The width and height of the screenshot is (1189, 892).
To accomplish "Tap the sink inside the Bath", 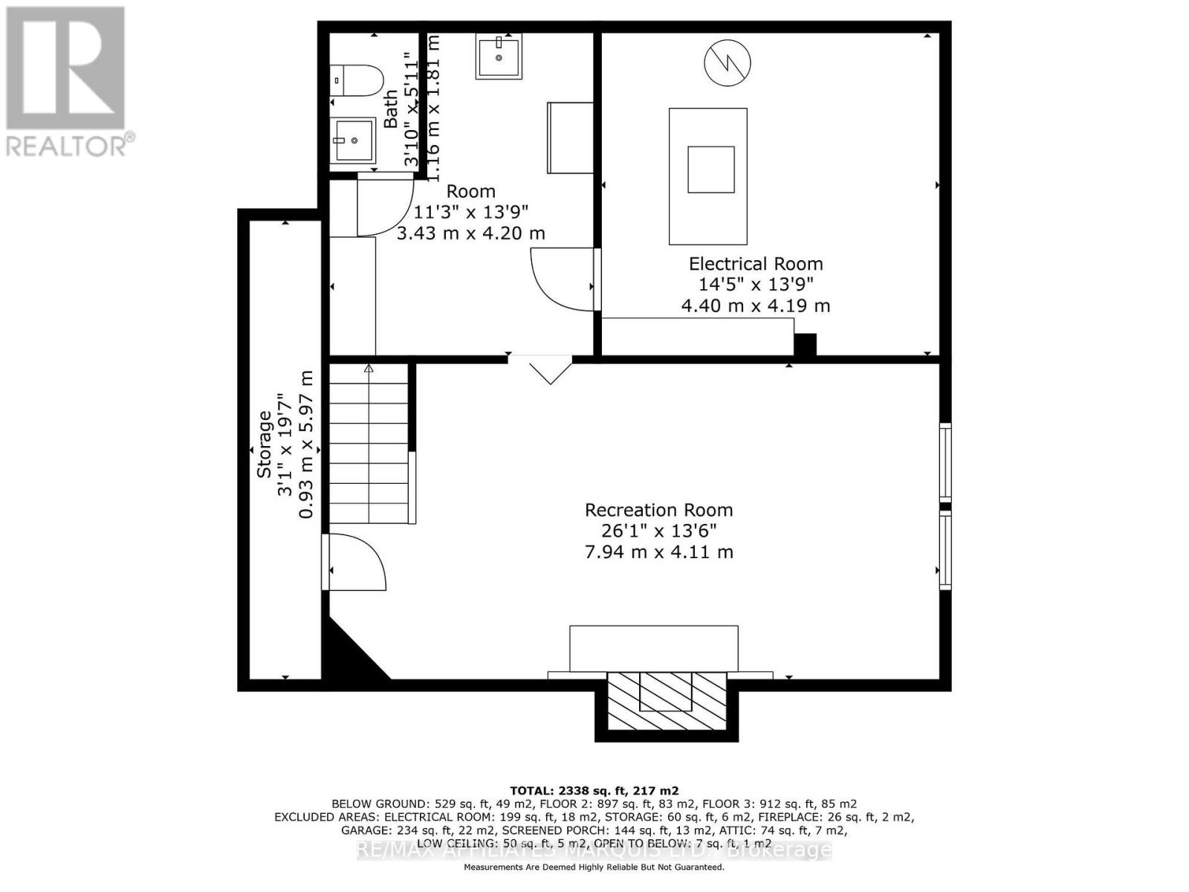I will [x=352, y=140].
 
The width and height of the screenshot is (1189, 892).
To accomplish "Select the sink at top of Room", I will [x=499, y=55].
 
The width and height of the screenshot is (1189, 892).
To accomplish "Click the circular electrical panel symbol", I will [x=727, y=62].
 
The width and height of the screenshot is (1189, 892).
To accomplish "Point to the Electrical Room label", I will [x=755, y=264].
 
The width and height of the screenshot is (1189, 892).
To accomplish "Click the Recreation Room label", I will [x=658, y=510].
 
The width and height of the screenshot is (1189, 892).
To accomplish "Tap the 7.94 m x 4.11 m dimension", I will [x=658, y=552].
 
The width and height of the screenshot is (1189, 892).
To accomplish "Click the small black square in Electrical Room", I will [x=805, y=345].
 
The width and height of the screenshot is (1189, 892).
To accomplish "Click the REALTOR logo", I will [x=68, y=81].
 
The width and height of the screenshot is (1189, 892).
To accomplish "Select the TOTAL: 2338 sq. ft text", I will [x=594, y=791].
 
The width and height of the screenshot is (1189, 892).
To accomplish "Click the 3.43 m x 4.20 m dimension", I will [x=470, y=233].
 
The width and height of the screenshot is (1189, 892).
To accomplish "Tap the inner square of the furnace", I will [x=710, y=169].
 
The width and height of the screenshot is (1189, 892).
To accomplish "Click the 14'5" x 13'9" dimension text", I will [x=755, y=284].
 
